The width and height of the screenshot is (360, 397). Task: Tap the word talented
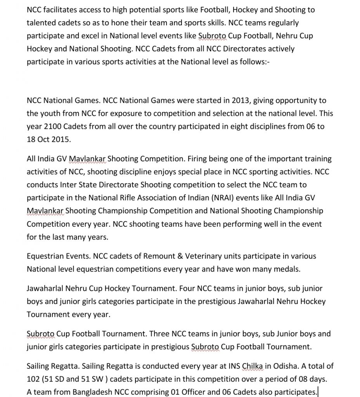[x=41, y=22]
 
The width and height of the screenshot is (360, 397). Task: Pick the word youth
[x=50, y=114]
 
